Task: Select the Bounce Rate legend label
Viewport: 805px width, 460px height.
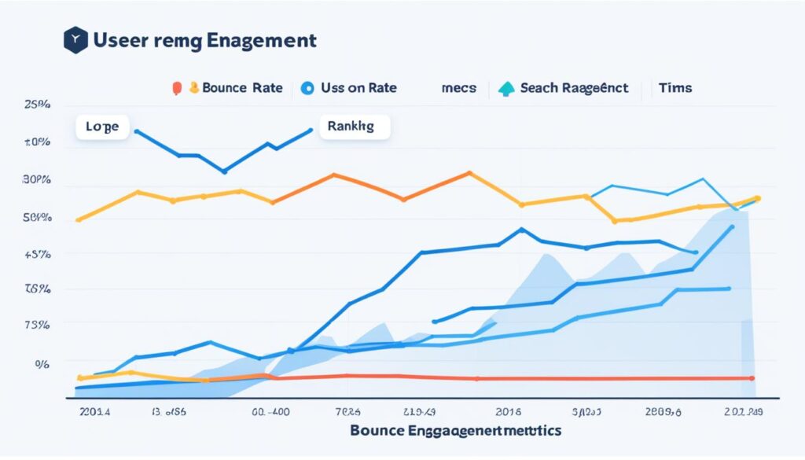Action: coord(242,88)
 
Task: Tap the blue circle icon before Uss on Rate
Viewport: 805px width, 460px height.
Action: coord(307,88)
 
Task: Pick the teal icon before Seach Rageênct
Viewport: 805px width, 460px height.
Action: coord(506,88)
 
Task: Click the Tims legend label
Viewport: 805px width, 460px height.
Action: coord(675,88)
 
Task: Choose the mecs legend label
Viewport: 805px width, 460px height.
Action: coord(458,88)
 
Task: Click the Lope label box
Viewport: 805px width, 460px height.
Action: coord(102,127)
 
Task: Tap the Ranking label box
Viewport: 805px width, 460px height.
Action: coord(355,127)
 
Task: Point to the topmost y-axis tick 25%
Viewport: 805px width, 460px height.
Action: coord(37,105)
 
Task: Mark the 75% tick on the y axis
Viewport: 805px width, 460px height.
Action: coord(37,325)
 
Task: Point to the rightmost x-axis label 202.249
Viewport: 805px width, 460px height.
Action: coord(742,411)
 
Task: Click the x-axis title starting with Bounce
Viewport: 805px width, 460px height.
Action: coord(455,431)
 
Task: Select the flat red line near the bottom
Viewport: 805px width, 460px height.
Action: coord(550,379)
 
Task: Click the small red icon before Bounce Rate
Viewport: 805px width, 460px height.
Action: coord(175,88)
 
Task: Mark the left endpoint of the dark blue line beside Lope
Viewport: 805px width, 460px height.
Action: coord(137,131)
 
